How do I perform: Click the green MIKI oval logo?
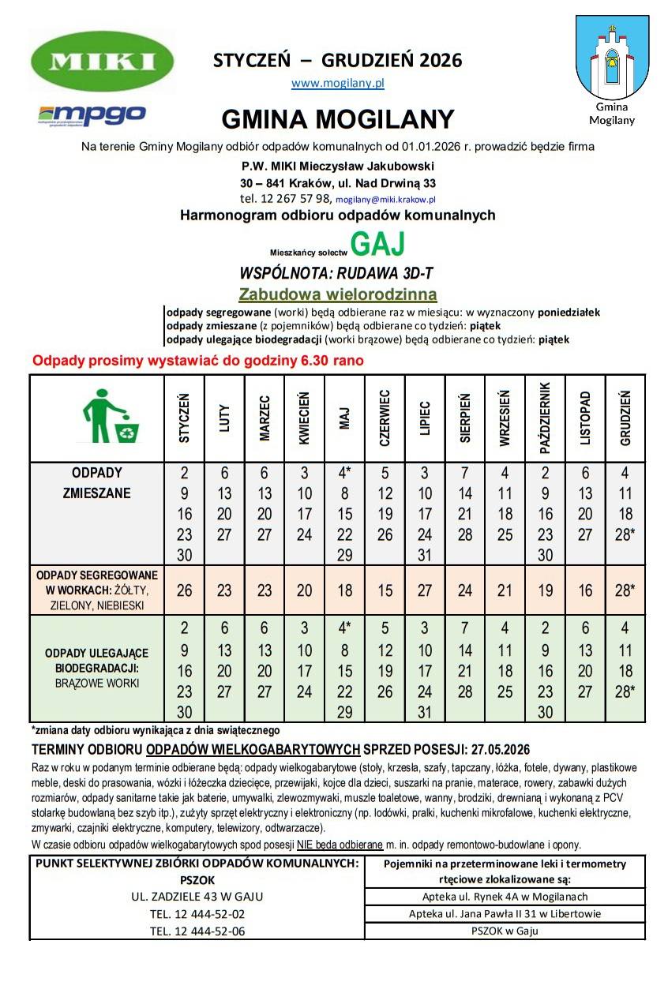pos(103,62)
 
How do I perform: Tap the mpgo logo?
pos(92,114)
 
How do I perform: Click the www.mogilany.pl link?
pos(337,82)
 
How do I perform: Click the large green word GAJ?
pos(377,245)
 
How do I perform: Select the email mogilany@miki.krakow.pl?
pos(385,200)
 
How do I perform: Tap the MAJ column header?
pos(344,418)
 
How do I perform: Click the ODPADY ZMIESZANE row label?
pos(97,483)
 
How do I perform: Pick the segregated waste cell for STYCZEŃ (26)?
pos(184,590)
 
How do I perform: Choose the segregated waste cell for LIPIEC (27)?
pos(425,590)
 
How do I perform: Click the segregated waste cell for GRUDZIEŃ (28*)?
pos(625,590)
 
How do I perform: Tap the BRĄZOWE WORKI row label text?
pos(97,683)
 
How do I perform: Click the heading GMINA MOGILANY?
pos(337,119)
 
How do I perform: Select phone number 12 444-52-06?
pos(197,931)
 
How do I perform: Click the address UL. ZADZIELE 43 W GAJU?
pos(197,897)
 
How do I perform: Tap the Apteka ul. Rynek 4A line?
pos(505,897)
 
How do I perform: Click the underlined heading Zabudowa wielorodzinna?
pos(337,294)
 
